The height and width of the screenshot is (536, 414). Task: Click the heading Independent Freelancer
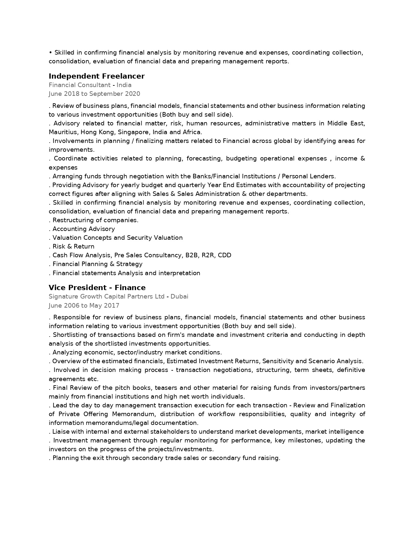point(96,76)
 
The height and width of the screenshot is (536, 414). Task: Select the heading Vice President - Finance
point(97,288)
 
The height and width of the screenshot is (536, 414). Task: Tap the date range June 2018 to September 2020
point(94,94)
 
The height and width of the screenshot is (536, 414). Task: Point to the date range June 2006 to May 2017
point(84,306)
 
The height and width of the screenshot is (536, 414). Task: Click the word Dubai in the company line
point(179,297)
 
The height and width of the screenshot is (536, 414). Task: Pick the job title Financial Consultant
point(80,85)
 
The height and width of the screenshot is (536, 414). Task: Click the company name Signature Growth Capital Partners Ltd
point(107,297)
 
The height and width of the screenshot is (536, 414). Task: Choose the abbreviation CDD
point(224,255)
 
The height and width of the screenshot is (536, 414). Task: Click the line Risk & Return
point(73,247)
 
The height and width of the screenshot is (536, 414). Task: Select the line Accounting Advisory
point(83,229)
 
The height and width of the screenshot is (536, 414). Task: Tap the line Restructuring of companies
point(95,220)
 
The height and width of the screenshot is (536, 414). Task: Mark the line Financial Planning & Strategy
point(97,264)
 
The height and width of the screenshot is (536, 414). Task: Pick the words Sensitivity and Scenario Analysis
point(312,361)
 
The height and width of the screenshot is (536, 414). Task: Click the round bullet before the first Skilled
point(50,53)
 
